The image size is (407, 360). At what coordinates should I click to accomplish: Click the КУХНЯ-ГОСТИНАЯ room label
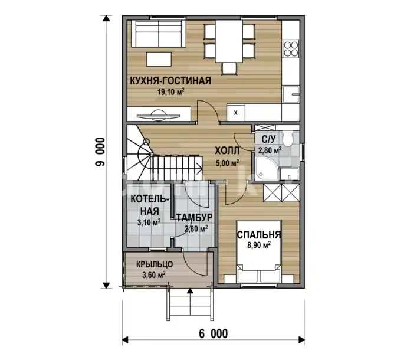(170, 81)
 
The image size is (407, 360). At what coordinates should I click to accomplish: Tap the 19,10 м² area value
(171, 91)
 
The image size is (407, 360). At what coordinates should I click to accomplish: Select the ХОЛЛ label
(227, 150)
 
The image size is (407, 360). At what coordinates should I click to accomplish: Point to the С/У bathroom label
(268, 139)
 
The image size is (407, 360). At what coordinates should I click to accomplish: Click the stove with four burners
(291, 49)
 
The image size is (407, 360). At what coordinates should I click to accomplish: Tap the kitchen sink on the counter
(291, 94)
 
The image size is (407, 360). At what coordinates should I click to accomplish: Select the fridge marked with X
(236, 113)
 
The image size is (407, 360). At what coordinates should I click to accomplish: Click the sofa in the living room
(159, 34)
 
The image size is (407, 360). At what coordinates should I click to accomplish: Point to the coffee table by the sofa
(159, 59)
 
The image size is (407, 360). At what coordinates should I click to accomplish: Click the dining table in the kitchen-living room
(229, 41)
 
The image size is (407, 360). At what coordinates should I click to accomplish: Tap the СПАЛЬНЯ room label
(259, 235)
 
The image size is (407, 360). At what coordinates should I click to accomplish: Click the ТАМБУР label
(195, 218)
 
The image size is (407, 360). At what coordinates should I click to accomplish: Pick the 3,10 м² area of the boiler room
(149, 222)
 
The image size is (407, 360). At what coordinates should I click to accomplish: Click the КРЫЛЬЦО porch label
(155, 264)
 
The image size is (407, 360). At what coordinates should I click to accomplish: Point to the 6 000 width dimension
(214, 334)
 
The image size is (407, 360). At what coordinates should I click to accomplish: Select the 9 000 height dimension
(100, 152)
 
